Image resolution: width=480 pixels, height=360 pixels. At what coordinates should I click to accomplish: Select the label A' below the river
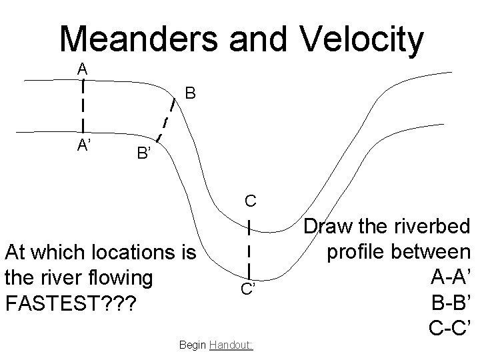(x=84, y=147)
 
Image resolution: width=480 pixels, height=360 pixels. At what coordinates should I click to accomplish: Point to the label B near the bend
(x=190, y=93)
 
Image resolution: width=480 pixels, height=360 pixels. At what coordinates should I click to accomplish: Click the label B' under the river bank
(x=145, y=155)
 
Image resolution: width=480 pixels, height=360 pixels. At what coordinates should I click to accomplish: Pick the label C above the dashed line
(x=249, y=200)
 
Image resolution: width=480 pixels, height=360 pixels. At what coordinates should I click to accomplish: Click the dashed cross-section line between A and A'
(x=81, y=105)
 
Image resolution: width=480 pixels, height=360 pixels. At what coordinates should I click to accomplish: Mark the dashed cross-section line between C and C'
(x=249, y=248)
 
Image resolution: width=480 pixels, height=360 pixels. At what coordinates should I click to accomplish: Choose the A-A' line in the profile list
(x=451, y=276)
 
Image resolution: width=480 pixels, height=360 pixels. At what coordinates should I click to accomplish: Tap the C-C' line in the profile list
(x=449, y=325)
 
